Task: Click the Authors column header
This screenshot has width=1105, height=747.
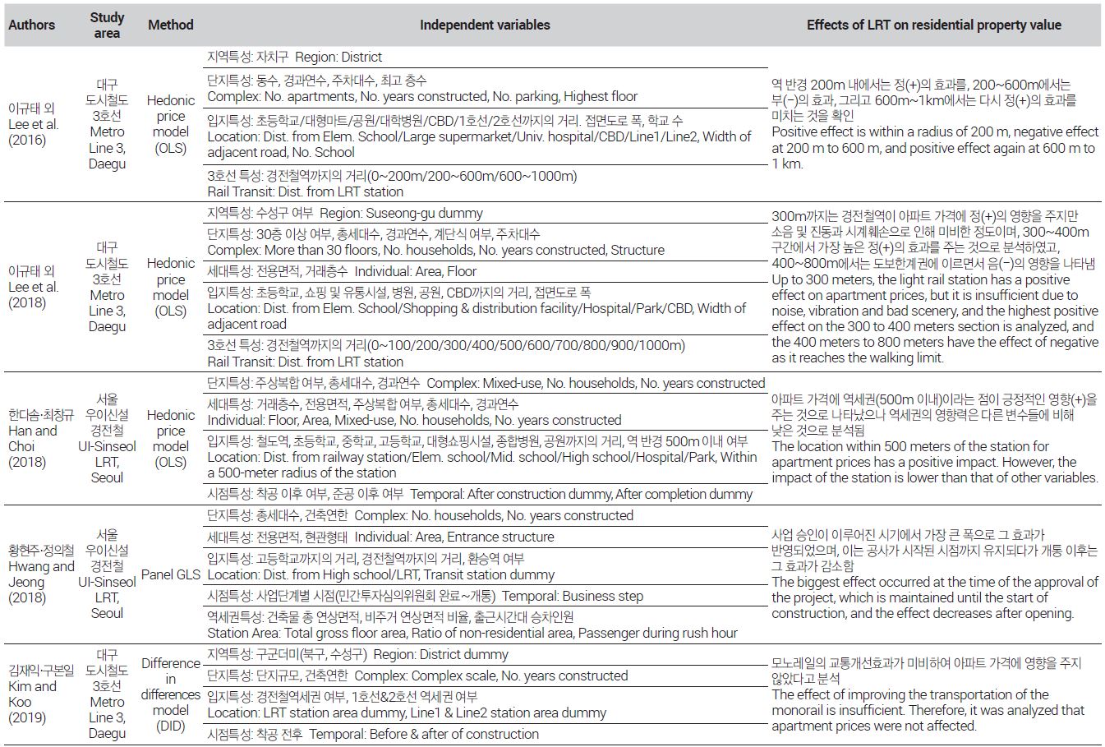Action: [x=31, y=25]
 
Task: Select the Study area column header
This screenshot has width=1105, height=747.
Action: [x=107, y=25]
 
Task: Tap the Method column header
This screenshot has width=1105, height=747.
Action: [x=170, y=25]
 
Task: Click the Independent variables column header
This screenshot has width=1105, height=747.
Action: [x=485, y=25]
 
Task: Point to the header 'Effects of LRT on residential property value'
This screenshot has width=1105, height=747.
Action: [x=933, y=25]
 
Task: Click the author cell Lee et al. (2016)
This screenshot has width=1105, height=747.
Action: [x=33, y=124]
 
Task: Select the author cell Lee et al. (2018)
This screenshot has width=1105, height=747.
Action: [x=33, y=287]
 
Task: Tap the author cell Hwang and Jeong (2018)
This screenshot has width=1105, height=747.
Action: [x=41, y=574]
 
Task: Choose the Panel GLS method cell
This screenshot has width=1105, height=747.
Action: [x=170, y=574]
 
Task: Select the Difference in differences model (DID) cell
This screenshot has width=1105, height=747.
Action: [x=170, y=694]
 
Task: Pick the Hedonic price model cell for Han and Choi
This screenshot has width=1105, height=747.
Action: [x=170, y=438]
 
